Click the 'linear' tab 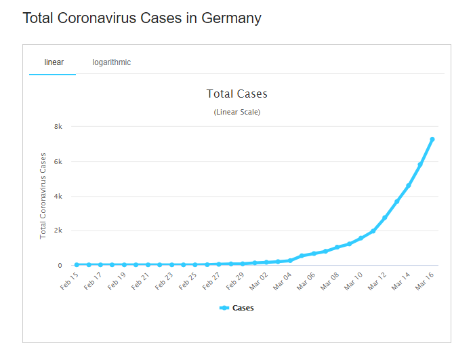click(x=54, y=62)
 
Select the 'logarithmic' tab click(x=112, y=62)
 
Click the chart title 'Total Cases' click(x=236, y=94)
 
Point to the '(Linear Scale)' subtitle click(x=236, y=112)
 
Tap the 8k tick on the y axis click(x=58, y=127)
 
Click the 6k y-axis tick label click(x=58, y=161)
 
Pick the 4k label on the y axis click(x=58, y=196)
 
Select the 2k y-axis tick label click(x=58, y=231)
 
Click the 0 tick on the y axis click(x=60, y=265)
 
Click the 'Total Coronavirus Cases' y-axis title click(x=43, y=195)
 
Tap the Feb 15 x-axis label click(x=69, y=280)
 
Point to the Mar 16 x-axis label click(x=424, y=280)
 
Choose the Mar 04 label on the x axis click(x=282, y=280)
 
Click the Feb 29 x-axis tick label click(x=234, y=280)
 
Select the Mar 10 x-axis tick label click(x=353, y=280)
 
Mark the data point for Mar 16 click(x=432, y=140)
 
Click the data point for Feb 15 click(x=77, y=264)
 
